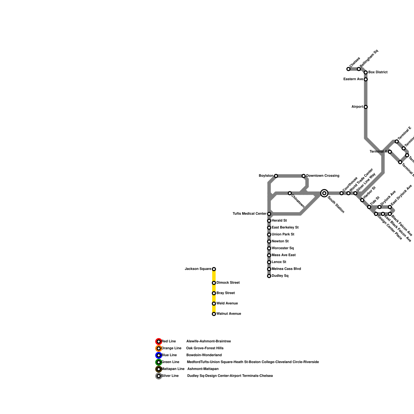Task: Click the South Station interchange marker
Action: pyautogui.click(x=324, y=193)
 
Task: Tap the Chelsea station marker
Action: pyautogui.click(x=348, y=69)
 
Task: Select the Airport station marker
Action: pyautogui.click(x=366, y=107)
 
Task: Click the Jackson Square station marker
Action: pyautogui.click(x=214, y=269)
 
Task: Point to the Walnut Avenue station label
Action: pyautogui.click(x=229, y=314)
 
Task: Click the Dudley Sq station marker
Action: pyautogui.click(x=269, y=276)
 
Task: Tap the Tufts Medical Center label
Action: pyautogui.click(x=249, y=214)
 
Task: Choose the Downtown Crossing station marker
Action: pyautogui.click(x=304, y=176)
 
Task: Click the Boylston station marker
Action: pyautogui.click(x=276, y=176)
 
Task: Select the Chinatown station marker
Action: pyautogui.click(x=290, y=193)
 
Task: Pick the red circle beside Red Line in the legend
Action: pyautogui.click(x=159, y=342)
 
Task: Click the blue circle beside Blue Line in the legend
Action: pyautogui.click(x=159, y=355)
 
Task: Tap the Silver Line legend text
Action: pyautogui.click(x=170, y=376)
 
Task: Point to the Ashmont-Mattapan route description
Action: pyautogui.click(x=203, y=369)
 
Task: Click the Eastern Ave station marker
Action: pyautogui.click(x=366, y=79)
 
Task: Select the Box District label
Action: pyautogui.click(x=378, y=72)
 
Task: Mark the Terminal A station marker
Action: pyautogui.click(x=390, y=152)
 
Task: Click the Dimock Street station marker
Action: pyautogui.click(x=214, y=283)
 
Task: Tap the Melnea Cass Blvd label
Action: pyautogui.click(x=286, y=269)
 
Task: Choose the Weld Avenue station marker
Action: pyautogui.click(x=214, y=304)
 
